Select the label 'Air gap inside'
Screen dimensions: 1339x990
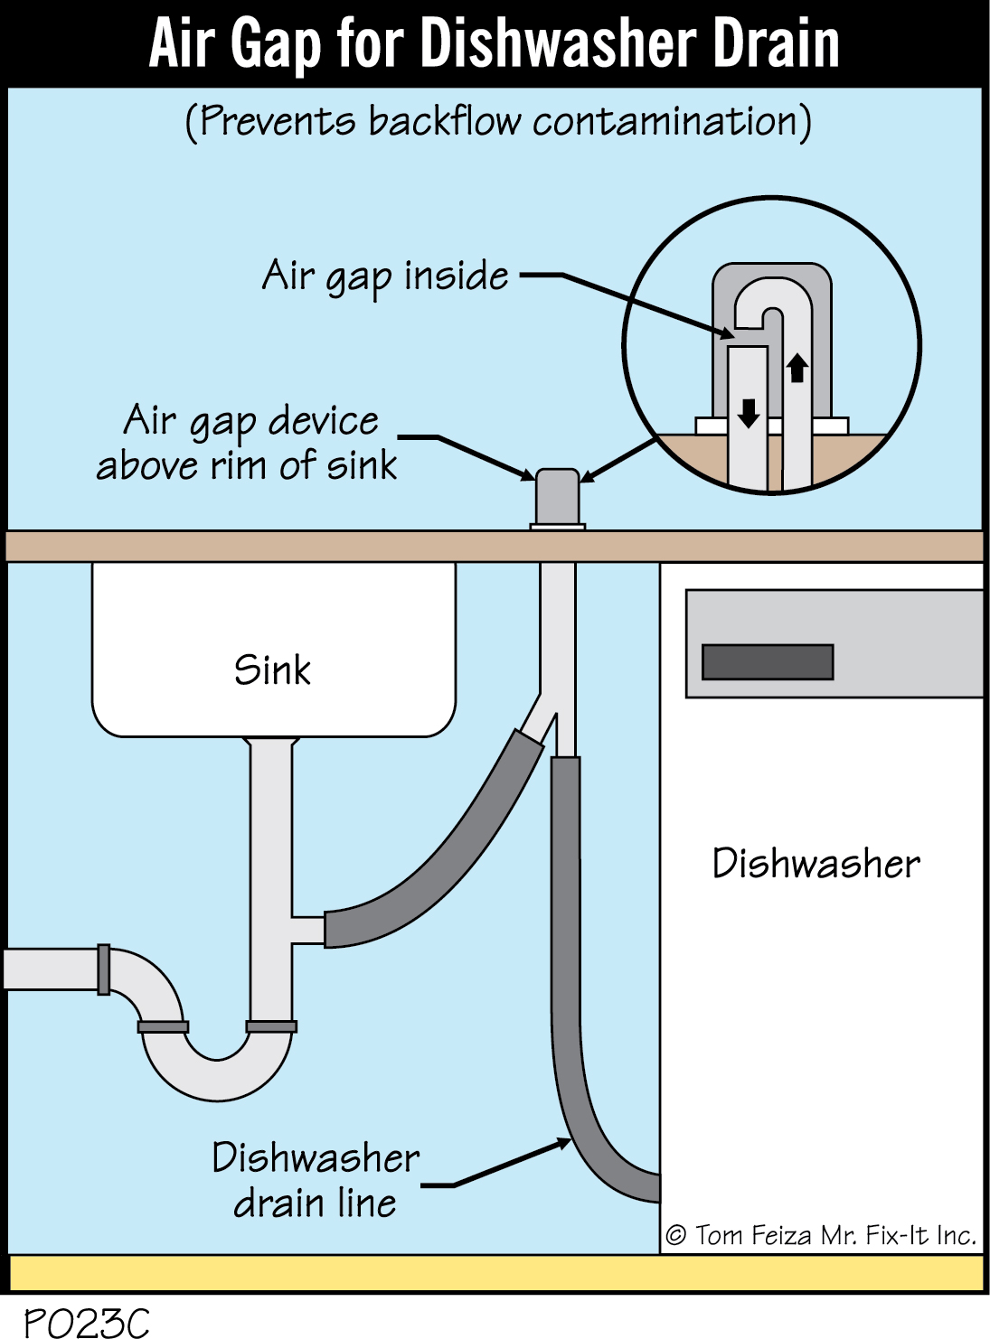coord(385,276)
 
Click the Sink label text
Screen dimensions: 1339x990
coord(272,670)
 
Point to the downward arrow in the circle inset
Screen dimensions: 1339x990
coord(749,413)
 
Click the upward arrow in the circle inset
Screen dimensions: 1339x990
coord(797,368)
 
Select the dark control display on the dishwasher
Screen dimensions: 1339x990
coord(768,661)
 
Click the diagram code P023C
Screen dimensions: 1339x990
coord(86,1323)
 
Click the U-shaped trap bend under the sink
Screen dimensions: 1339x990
coord(217,1071)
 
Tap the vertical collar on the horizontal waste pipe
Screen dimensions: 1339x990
coord(103,969)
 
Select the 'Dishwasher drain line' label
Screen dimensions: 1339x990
coord(316,1180)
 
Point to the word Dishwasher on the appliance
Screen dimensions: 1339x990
coord(816,864)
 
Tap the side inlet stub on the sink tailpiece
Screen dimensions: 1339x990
coord(307,930)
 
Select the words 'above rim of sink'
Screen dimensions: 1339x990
coord(246,466)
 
